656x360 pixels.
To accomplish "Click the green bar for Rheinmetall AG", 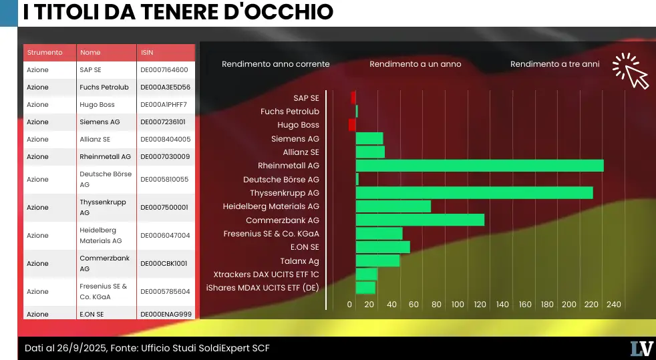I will click(479, 166).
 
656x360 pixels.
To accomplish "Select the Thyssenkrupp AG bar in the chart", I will click(474, 192).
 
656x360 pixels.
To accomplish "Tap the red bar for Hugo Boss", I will click(352, 125).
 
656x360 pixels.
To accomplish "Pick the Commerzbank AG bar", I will click(420, 220).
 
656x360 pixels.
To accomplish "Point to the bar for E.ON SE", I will click(382, 247).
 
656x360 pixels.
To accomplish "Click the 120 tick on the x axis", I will click(480, 305).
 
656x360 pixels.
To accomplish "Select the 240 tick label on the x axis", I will click(613, 305).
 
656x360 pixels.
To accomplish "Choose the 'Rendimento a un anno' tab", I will click(415, 64).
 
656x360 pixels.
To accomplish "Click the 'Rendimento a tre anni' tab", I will click(554, 64).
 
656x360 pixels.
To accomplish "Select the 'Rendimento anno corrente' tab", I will click(275, 64).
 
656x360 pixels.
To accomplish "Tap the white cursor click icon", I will click(631, 71).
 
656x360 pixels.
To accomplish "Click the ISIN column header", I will click(147, 52).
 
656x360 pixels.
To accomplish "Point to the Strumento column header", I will click(45, 52).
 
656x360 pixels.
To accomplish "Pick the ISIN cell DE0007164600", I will click(164, 69).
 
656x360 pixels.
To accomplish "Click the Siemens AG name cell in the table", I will click(100, 122).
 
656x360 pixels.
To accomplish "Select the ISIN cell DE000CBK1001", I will click(164, 263).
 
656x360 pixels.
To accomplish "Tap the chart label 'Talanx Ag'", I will click(299, 261).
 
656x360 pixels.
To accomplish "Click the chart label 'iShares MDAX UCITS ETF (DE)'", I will click(263, 288).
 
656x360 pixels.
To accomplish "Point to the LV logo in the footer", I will click(641, 348).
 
